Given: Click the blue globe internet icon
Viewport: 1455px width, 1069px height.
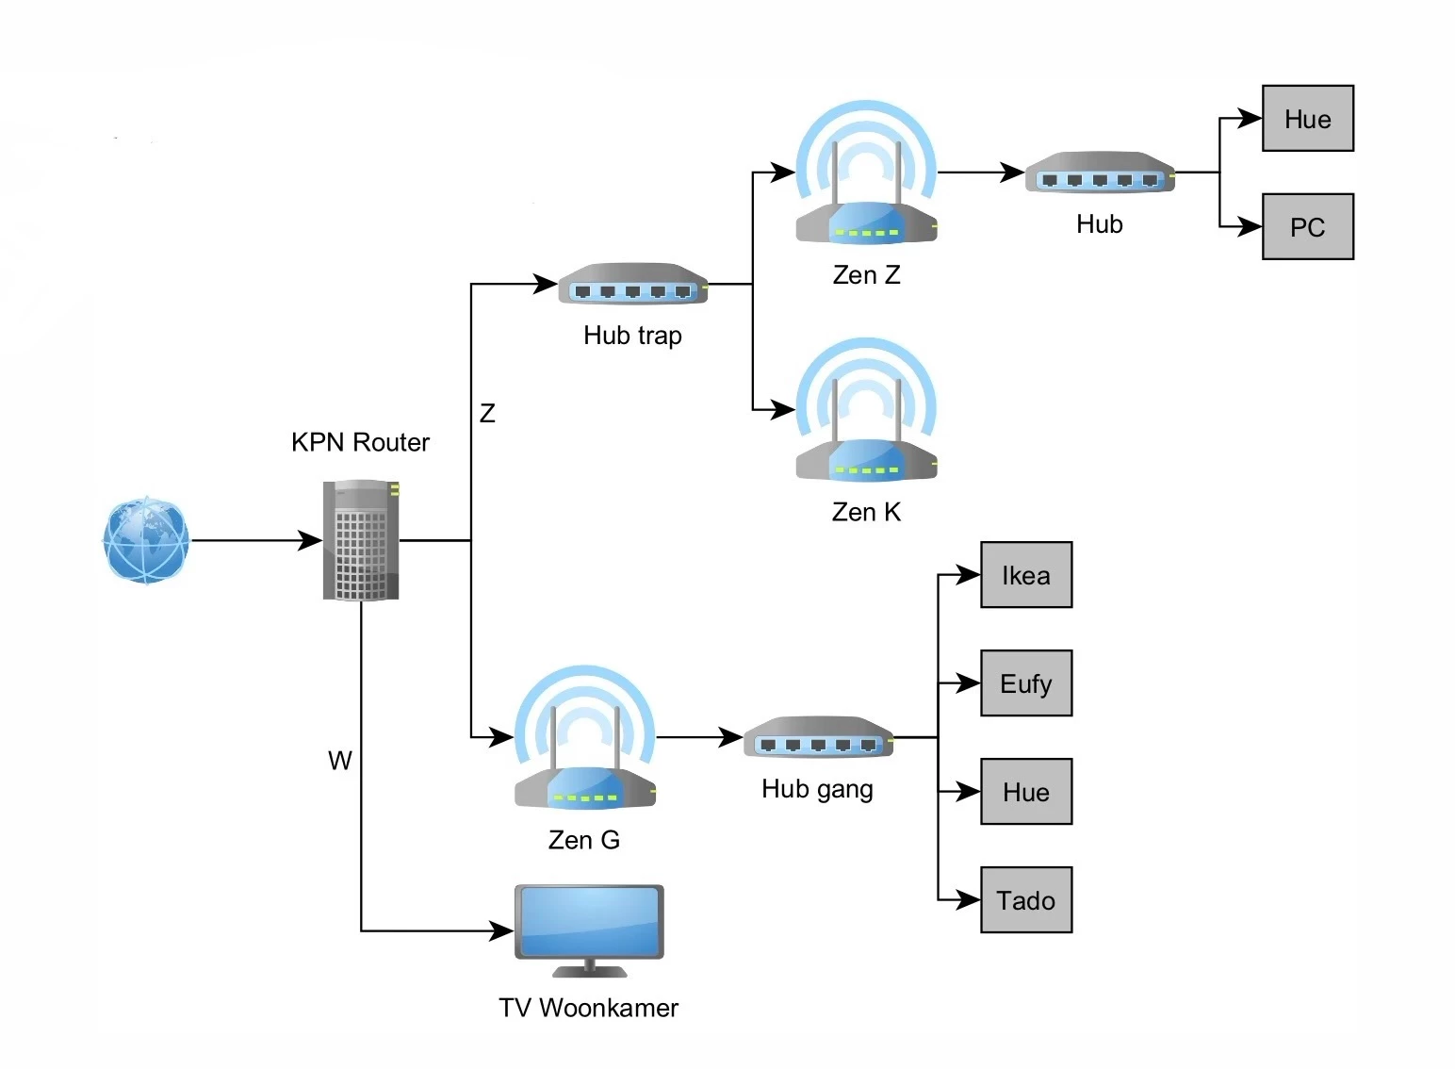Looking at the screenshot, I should (146, 540).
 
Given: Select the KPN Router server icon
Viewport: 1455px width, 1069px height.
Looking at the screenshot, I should (361, 540).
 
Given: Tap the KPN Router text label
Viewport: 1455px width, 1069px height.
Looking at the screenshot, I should (360, 442).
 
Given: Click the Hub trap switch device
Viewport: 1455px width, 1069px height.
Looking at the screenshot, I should (632, 284).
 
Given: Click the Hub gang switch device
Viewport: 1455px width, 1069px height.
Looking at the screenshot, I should (818, 737).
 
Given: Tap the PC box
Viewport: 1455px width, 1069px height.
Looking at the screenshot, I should (1307, 227).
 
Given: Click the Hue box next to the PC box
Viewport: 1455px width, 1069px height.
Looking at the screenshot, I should (1307, 119).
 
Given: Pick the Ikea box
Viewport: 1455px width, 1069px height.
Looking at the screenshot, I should (1025, 575).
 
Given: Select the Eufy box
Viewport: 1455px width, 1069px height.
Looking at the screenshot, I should (1025, 683).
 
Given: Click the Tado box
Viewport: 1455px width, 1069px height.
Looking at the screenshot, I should (1025, 900).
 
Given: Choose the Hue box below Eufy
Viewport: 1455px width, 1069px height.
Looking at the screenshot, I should (1025, 792).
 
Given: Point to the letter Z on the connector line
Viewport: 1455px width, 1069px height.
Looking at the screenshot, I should (487, 413).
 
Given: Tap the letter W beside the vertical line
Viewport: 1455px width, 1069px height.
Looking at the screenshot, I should (339, 761).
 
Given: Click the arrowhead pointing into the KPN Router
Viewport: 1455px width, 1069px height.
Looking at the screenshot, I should (311, 540).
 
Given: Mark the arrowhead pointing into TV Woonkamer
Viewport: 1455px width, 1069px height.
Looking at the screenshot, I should (502, 931).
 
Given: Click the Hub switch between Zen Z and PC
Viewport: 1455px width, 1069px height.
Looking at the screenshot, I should (1100, 173).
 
